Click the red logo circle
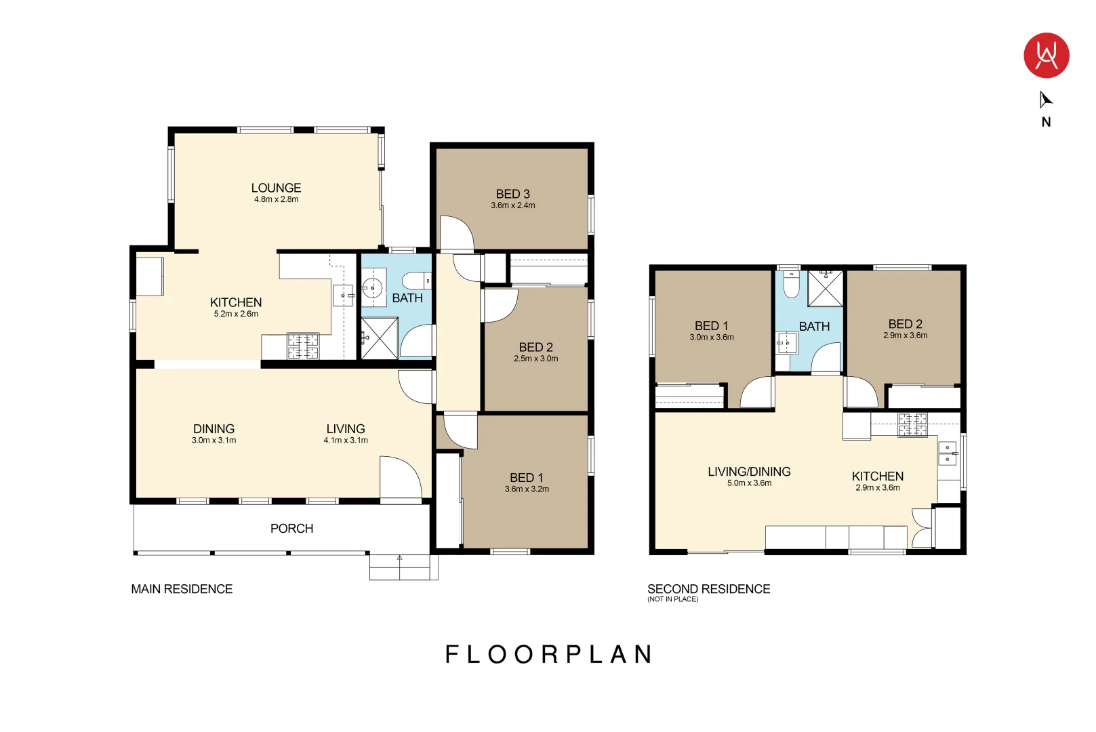(x=1046, y=56)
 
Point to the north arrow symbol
(x=1045, y=100)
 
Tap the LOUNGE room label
(x=276, y=188)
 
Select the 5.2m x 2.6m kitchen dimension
(x=236, y=314)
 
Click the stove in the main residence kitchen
(x=303, y=346)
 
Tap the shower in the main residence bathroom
(x=380, y=338)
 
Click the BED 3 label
(x=513, y=195)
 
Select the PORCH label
(x=291, y=529)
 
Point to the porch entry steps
(x=404, y=567)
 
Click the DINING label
(x=214, y=429)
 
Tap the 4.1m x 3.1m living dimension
(x=346, y=441)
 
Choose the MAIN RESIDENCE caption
(x=182, y=589)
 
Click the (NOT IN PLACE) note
(x=673, y=599)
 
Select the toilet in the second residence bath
(x=791, y=285)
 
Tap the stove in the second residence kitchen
(x=912, y=425)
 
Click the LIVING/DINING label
(x=749, y=472)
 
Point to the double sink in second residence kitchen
(x=948, y=453)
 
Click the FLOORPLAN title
(x=549, y=654)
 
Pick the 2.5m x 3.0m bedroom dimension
(x=535, y=359)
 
